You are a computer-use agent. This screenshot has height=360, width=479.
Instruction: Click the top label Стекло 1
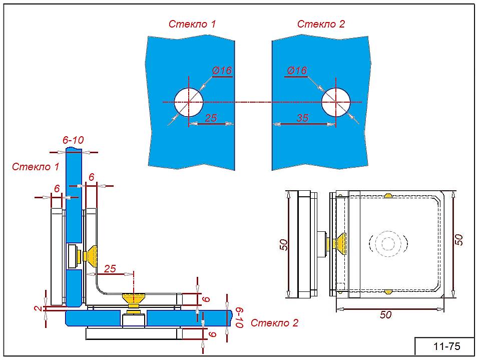(192, 24)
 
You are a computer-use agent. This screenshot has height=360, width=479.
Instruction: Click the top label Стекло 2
(321, 24)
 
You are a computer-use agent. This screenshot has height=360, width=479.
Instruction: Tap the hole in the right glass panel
(335, 102)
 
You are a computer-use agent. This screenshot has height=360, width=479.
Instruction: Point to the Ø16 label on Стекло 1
(222, 70)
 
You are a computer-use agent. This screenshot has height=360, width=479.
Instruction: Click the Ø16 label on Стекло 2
(297, 70)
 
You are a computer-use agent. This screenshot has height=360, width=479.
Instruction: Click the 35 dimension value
(302, 118)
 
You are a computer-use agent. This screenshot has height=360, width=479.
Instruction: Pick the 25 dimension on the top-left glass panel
(211, 118)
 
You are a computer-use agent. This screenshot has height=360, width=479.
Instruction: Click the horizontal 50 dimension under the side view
(385, 315)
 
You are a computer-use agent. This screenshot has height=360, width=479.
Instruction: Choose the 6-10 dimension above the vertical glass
(73, 140)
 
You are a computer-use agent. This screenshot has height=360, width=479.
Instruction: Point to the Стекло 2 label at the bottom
(274, 323)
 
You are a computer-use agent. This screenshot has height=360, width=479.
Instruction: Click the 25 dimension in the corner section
(110, 269)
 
